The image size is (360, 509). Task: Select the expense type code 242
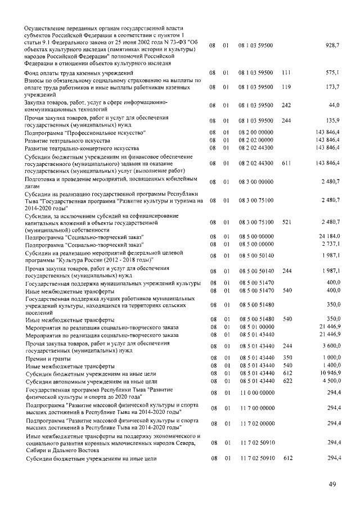tap(286, 105)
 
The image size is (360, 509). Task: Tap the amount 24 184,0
tap(329, 237)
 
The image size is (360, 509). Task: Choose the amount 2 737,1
tap(330, 245)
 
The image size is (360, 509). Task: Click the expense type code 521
tap(286, 223)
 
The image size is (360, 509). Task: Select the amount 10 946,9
tap(329, 373)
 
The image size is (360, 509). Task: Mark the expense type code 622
tap(286, 381)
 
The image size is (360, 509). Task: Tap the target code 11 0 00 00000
tap(256, 393)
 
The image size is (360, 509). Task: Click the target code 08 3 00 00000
tap(256, 182)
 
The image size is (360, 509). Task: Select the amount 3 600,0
tap(331, 346)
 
